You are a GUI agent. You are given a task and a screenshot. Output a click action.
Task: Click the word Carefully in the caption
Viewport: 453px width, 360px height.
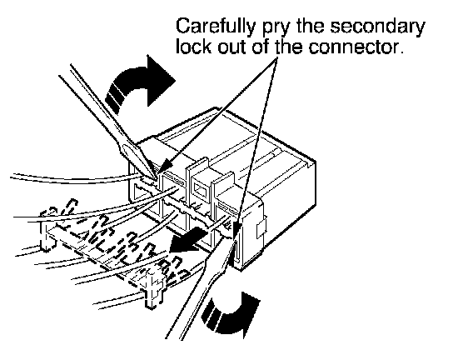point(215,27)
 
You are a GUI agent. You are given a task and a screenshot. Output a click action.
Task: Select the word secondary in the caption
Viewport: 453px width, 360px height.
point(377,27)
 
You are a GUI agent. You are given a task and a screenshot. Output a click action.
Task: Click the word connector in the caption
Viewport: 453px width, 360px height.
point(355,47)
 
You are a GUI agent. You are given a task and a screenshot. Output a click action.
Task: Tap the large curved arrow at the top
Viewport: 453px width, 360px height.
point(138,84)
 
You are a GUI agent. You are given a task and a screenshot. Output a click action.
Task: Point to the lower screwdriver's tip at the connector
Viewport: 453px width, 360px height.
point(235,238)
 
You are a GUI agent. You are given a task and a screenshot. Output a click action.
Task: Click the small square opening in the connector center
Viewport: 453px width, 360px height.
point(201,189)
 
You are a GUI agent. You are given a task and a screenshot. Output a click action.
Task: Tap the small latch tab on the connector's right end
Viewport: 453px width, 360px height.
point(261,229)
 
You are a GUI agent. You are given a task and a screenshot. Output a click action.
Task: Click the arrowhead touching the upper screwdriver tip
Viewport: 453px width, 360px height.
point(164,167)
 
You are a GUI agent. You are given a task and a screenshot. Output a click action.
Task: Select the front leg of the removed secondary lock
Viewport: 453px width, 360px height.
point(152,291)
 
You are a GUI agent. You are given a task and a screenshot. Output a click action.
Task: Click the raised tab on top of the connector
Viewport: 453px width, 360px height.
point(197,167)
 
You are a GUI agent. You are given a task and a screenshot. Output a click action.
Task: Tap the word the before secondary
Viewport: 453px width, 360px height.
point(310,27)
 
